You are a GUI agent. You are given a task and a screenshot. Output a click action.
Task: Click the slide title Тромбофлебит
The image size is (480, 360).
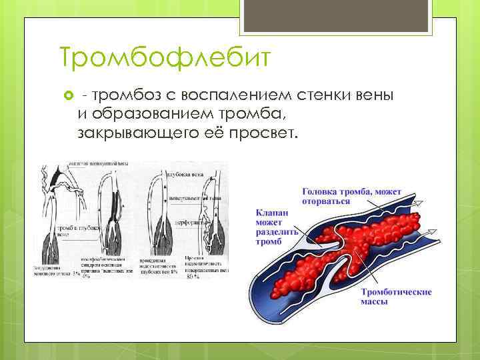(165, 58)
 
